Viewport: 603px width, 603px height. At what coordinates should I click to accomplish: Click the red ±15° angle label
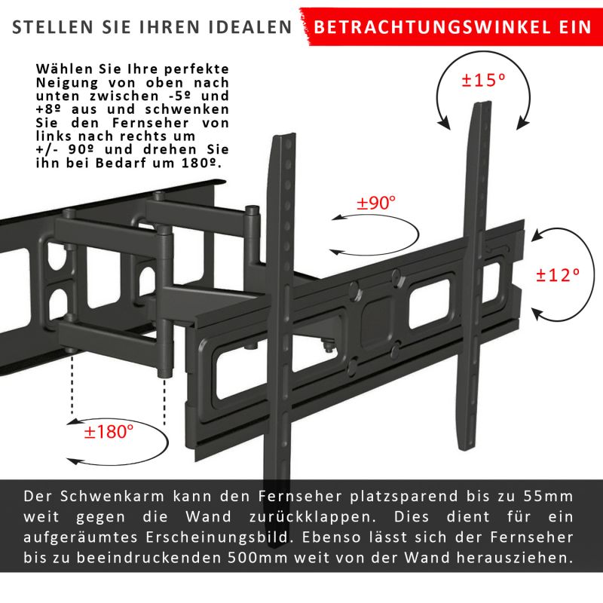pyautogui.click(x=483, y=80)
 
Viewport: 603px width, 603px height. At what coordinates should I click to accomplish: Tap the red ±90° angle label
pyautogui.click(x=375, y=202)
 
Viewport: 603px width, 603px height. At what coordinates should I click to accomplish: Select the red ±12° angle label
pyautogui.click(x=558, y=275)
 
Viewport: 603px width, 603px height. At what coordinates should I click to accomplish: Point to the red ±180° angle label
pyautogui.click(x=109, y=431)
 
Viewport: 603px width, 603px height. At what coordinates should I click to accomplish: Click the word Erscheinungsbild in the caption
pyautogui.click(x=217, y=537)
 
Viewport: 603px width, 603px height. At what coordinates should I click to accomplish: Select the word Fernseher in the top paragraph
pyautogui.click(x=151, y=123)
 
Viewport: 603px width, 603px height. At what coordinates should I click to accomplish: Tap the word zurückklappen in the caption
pyautogui.click(x=313, y=517)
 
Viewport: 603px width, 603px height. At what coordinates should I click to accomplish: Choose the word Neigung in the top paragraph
pyautogui.click(x=67, y=83)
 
